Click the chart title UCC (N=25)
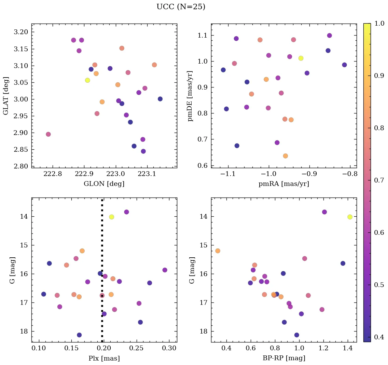tap(181, 7)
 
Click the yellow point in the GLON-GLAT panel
tap(87, 80)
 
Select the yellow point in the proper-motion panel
tap(301, 58)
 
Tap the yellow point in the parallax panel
tap(111, 217)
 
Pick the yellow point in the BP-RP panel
tap(350, 217)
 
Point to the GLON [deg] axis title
tap(104, 184)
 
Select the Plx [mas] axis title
tap(104, 358)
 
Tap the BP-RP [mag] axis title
tap(284, 358)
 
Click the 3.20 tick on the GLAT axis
tap(22, 32)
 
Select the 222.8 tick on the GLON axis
tap(53, 174)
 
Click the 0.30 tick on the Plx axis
tap(169, 349)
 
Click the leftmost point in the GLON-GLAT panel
tap(48, 134)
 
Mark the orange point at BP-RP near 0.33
tap(218, 251)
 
